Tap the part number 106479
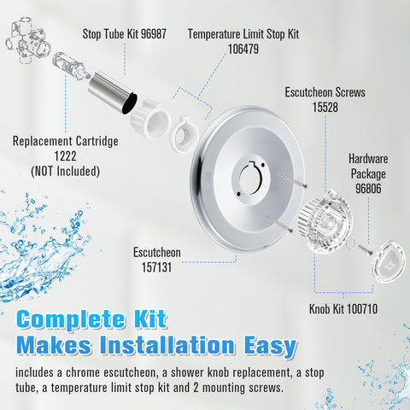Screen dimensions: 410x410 (243, 49)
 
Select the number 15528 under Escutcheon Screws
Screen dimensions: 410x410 (325, 108)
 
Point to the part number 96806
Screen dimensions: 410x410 (368, 189)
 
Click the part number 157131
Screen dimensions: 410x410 (157, 267)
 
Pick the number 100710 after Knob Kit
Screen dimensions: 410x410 (362, 309)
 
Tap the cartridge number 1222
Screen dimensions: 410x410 (66, 156)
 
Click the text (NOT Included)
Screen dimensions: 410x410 (66, 171)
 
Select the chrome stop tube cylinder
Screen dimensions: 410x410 (112, 93)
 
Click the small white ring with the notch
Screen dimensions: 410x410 (185, 133)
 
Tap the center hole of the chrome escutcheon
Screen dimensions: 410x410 (249, 179)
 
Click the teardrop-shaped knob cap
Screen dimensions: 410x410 (389, 262)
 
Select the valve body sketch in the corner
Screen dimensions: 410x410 (28, 41)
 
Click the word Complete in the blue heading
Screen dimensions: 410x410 (71, 319)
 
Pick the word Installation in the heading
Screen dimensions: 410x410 (167, 345)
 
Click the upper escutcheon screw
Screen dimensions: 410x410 (292, 179)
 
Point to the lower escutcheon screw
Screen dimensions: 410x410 (279, 223)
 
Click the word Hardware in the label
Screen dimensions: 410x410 (368, 159)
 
